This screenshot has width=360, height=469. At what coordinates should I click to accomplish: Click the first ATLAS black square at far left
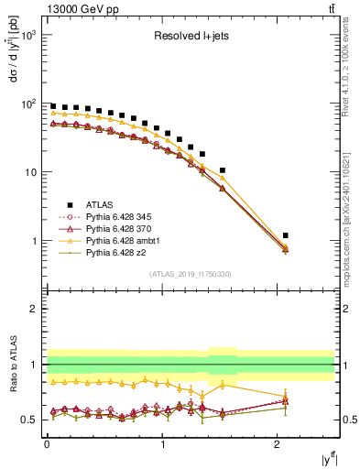point(53,106)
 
